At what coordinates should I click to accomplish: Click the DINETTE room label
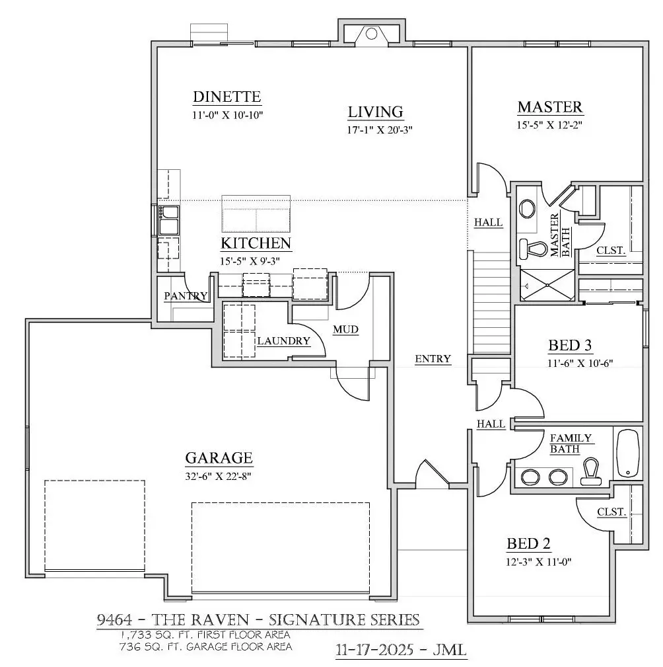pos(227,97)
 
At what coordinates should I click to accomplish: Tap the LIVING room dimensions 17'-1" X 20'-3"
pos(380,130)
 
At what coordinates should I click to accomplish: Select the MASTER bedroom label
pos(550,107)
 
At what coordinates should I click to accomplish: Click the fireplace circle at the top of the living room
pos(371,34)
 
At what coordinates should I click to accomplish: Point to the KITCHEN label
pos(256,243)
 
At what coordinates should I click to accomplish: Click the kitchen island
pos(256,214)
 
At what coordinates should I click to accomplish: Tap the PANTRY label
pos(186,295)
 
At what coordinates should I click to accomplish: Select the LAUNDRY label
pos(283,340)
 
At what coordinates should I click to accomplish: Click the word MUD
pos(345,329)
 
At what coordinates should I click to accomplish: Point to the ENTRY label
pos(433,359)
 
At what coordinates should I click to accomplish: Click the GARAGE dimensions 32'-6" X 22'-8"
pos(218,477)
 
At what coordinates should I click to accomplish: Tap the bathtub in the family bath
pos(628,453)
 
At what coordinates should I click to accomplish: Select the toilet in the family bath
pos(591,472)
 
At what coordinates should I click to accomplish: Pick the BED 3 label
pos(570,346)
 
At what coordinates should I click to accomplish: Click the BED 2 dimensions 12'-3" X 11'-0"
pos(538,562)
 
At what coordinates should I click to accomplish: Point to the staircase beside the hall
pos(492,302)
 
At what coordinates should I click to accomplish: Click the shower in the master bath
pos(547,285)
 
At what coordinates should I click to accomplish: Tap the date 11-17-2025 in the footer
pos(375,650)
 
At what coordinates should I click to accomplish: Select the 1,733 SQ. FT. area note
pos(205,635)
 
